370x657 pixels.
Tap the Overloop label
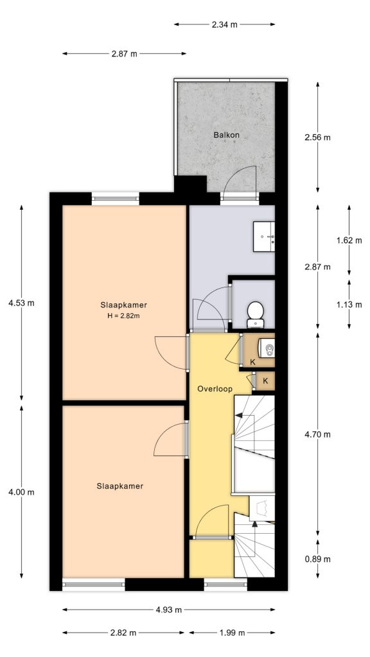215,389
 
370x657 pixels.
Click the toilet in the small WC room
255,312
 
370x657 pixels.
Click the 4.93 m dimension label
169,610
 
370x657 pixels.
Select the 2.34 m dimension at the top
224,24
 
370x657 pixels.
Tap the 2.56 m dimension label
318,137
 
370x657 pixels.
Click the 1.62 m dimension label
349,240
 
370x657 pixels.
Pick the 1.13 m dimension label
349,305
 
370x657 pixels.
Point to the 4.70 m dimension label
318,434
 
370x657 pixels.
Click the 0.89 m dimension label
318,559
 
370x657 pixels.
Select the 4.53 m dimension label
21,303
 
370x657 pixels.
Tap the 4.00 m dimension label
21,492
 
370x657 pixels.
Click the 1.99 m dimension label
233,633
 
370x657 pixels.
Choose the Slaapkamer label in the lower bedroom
120,486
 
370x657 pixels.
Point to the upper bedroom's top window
116,198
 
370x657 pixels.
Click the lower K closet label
265,381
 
